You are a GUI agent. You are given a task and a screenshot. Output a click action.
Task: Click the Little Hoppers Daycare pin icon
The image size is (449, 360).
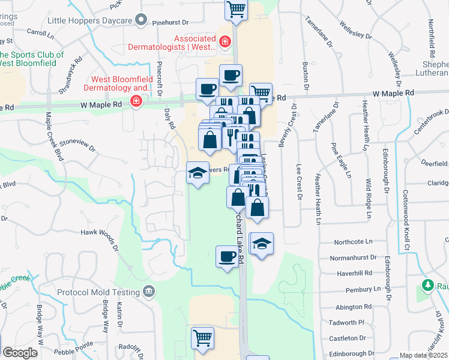pyautogui.click(x=142, y=20)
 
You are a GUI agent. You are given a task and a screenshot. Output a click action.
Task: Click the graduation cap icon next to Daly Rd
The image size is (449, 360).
pyautogui.click(x=197, y=173)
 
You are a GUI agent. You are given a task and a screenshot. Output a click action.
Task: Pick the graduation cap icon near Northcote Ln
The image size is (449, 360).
pyautogui.click(x=262, y=244)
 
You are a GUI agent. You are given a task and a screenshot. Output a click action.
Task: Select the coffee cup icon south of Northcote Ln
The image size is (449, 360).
pyautogui.click(x=227, y=256)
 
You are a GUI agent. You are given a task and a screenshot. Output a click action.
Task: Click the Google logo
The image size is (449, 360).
pyautogui.click(x=20, y=353)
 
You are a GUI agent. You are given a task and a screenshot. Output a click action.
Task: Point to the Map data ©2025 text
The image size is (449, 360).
pyautogui.click(x=423, y=355)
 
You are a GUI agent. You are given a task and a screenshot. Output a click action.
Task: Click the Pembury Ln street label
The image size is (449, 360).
pyautogui.click(x=360, y=289)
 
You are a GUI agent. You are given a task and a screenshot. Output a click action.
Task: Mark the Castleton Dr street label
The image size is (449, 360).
pyautogui.click(x=343, y=338)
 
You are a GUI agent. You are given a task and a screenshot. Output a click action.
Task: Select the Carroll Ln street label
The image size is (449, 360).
pyautogui.click(x=40, y=35)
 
